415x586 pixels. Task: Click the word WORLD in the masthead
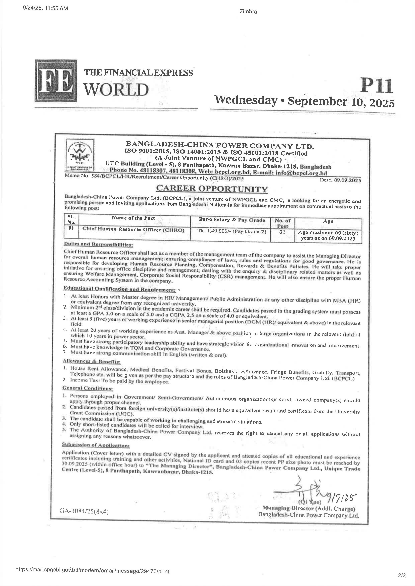(116, 90)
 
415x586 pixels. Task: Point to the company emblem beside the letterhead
(80, 155)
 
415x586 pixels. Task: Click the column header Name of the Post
(133, 218)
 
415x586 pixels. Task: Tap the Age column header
(328, 221)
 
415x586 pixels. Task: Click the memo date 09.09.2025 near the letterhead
(340, 180)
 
